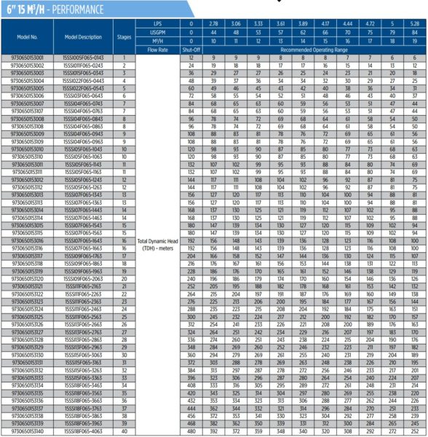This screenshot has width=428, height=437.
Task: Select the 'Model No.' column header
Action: (x=29, y=36)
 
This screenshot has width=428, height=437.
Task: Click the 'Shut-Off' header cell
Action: (x=191, y=50)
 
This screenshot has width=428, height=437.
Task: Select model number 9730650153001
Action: (x=28, y=57)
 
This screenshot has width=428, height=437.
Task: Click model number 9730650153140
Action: (x=28, y=430)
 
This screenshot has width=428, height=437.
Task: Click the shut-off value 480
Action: (x=191, y=430)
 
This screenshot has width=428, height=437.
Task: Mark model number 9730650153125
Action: (x=28, y=316)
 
